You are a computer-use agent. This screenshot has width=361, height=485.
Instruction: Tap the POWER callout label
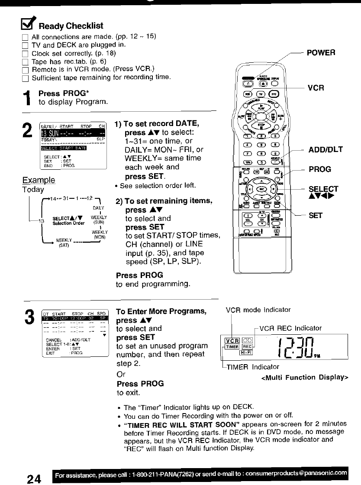321,52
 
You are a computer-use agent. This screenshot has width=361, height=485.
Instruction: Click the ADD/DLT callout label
326,149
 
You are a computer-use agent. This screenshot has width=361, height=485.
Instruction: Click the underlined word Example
39,180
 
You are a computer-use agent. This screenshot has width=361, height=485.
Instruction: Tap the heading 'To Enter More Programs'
161,312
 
